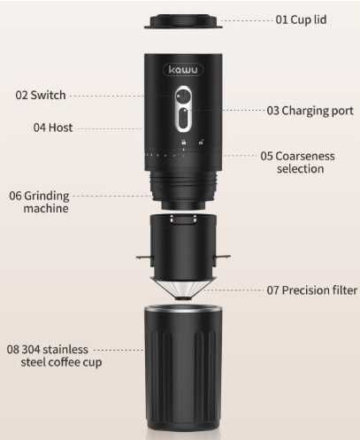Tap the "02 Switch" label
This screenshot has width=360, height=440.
click(x=40, y=95)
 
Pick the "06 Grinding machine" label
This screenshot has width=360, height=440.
click(x=38, y=202)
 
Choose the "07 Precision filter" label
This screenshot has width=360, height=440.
click(x=312, y=289)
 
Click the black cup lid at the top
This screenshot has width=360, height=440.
click(x=180, y=19)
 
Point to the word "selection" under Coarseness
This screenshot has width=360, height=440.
click(x=300, y=168)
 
